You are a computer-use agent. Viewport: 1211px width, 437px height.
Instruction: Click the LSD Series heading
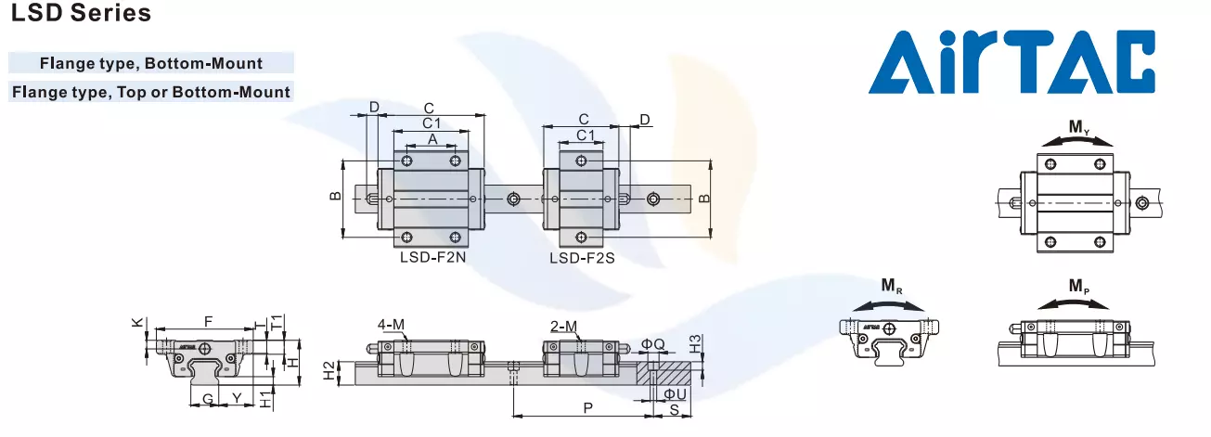point(82,15)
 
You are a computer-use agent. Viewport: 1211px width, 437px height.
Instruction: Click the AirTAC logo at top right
point(1012,62)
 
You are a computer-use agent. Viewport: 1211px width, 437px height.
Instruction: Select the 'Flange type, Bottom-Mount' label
point(151,64)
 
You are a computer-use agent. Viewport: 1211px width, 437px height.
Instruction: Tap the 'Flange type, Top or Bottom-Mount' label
point(151,92)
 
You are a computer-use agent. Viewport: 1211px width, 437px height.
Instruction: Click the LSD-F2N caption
point(432,258)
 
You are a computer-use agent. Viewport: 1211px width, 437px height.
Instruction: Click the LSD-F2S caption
point(582,258)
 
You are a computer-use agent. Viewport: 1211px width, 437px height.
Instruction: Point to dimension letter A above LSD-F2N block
point(432,138)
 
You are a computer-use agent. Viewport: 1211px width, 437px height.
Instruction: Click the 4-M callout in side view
point(391,325)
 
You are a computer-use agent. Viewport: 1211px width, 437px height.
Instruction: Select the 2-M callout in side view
point(563,326)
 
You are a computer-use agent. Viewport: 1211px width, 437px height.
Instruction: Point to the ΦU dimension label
point(675,394)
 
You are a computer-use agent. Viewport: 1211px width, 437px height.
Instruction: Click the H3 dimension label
point(696,343)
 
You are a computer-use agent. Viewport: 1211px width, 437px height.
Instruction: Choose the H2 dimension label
point(328,369)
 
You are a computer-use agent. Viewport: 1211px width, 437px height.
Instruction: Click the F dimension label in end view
point(208,321)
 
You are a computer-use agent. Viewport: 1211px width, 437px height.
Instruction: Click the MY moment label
point(1078,126)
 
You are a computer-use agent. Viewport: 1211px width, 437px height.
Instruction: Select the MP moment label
point(1078,287)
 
